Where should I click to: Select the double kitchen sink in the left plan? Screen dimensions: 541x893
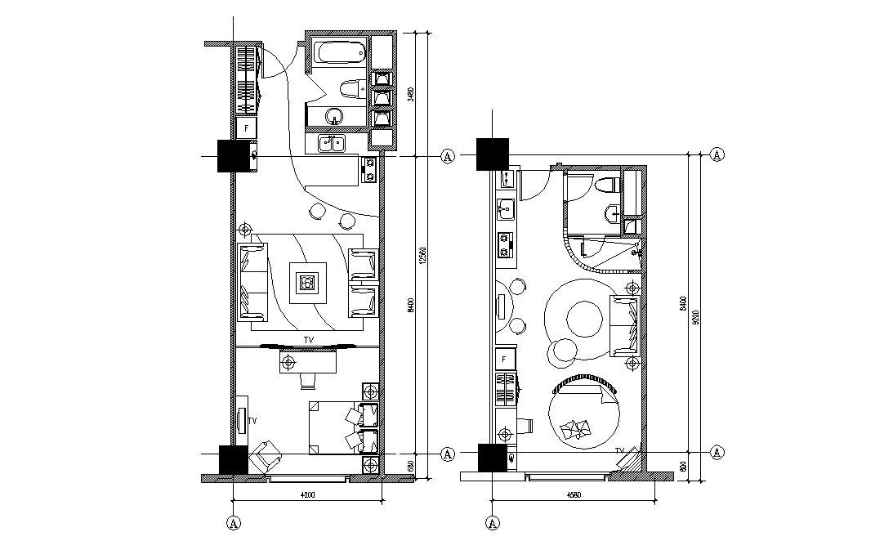tap(332, 144)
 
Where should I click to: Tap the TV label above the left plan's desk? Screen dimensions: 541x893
tap(308, 339)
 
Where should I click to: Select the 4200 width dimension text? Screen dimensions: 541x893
tap(308, 494)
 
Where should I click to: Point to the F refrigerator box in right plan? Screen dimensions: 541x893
tap(504, 359)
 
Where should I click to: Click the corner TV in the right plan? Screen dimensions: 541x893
tap(629, 458)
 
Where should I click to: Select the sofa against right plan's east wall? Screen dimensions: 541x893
tap(625, 326)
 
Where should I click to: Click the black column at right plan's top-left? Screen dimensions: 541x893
tap(493, 154)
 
